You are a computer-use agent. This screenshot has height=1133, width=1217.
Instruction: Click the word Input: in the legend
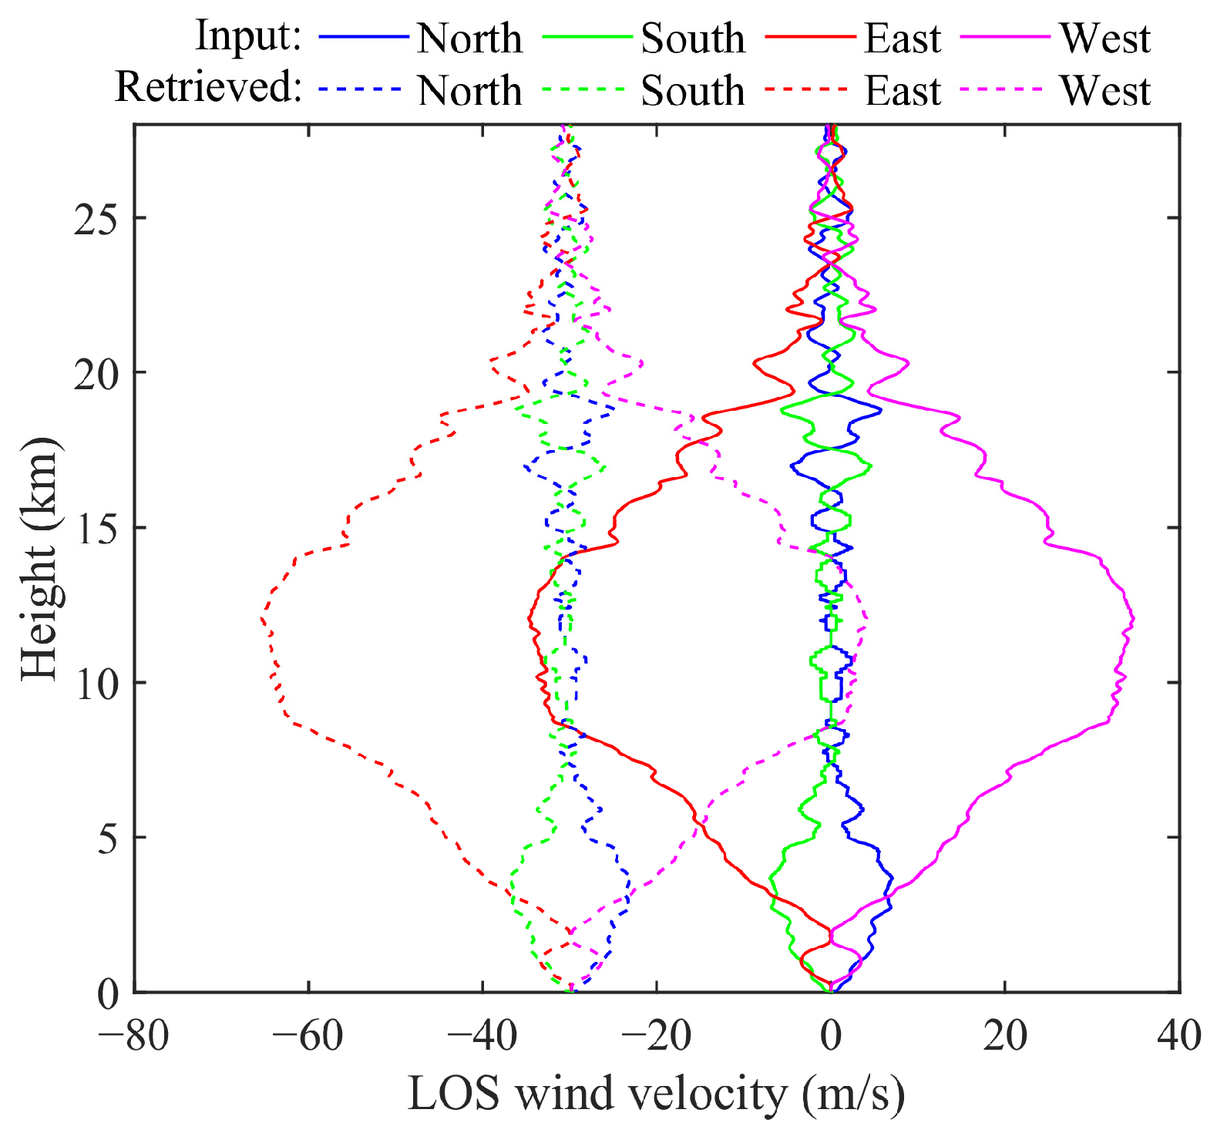point(248,36)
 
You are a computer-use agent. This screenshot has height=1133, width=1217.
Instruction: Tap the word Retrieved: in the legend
point(208,87)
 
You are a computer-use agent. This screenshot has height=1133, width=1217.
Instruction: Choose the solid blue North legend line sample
point(362,37)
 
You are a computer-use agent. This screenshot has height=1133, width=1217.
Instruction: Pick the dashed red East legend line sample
point(809,89)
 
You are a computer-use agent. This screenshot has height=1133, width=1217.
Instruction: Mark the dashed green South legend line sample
point(586,89)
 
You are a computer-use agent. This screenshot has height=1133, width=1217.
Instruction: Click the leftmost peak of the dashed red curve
point(262,619)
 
